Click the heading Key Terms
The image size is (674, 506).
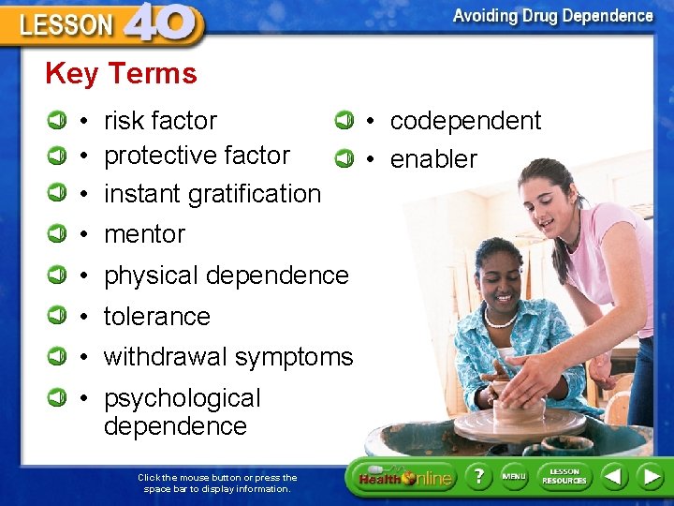point(121,74)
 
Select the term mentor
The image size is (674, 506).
point(144,234)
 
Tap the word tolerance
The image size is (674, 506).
point(156,317)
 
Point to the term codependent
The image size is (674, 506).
point(465,121)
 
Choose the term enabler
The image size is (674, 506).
point(433,159)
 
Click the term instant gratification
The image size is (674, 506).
point(212,194)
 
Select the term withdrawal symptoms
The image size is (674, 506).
point(227,357)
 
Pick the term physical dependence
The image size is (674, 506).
point(226,275)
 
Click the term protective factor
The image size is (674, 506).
point(197,156)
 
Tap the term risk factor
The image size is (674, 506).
point(160,121)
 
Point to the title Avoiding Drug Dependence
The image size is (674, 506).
point(552,16)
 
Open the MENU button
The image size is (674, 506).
point(514,477)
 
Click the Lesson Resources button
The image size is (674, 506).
point(564,477)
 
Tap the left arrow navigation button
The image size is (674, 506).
point(613,477)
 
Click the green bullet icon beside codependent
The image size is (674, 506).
point(344,120)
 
